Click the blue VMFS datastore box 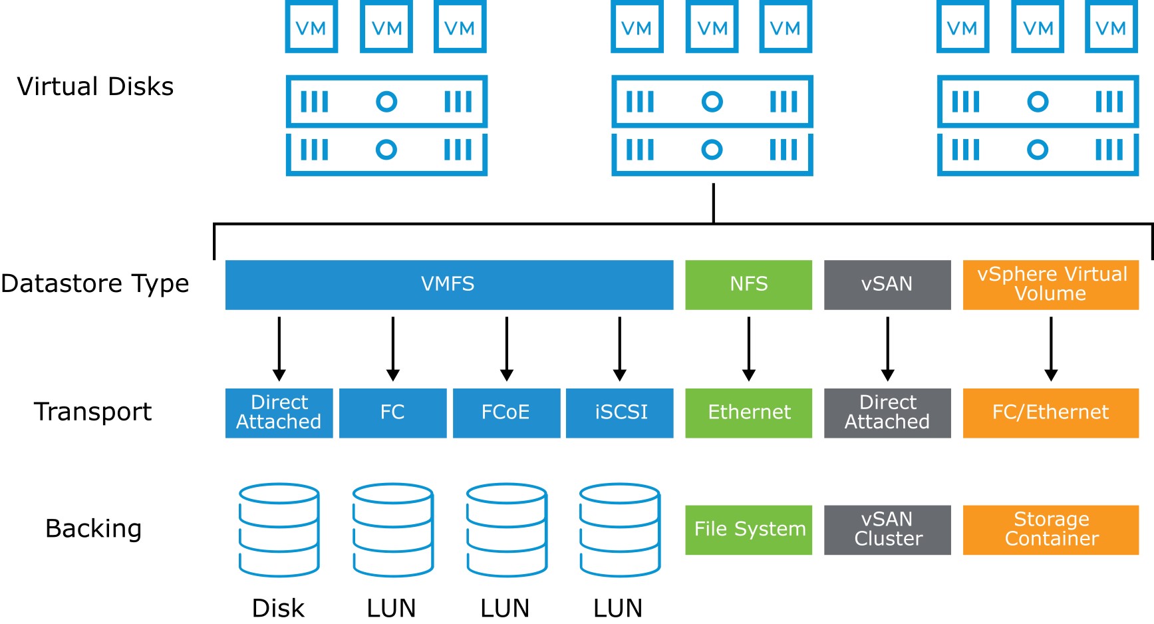(449, 285)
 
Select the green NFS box (748, 285)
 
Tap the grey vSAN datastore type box (887, 285)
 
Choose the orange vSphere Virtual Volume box (1051, 285)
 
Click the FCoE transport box (506, 413)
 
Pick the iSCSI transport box (619, 413)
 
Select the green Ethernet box (748, 413)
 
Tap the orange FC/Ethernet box (1051, 413)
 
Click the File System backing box (748, 530)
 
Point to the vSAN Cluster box (887, 530)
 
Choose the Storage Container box (1051, 530)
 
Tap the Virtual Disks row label (95, 86)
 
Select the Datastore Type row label (95, 284)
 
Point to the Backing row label (93, 529)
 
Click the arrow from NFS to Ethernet (749, 349)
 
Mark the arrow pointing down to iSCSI (620, 349)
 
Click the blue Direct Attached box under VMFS (279, 413)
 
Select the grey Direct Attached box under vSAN (887, 413)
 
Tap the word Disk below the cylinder (278, 608)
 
